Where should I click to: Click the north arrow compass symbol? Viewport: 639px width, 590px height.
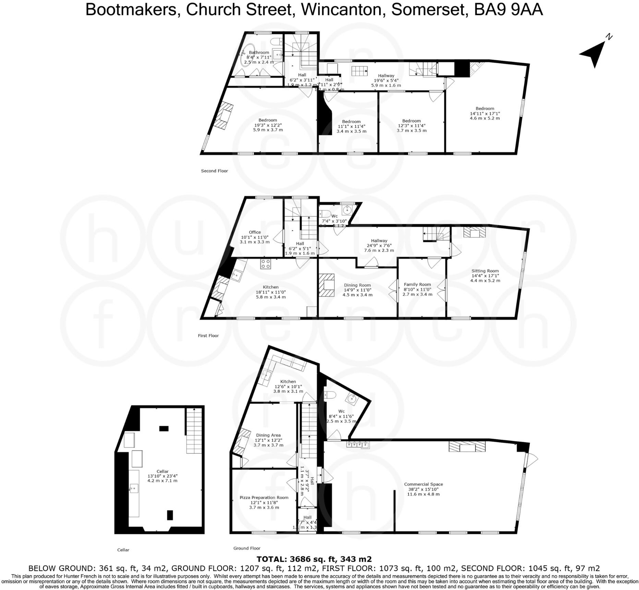(595, 53)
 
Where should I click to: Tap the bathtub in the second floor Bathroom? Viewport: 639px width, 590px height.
(248, 55)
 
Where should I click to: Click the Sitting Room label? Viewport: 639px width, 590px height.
(485, 271)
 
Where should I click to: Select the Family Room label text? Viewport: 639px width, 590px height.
(417, 284)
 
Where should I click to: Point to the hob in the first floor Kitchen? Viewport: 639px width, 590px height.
(266, 263)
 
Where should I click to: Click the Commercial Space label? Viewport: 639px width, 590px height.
(423, 484)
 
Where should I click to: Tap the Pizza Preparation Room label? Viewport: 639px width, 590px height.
(264, 497)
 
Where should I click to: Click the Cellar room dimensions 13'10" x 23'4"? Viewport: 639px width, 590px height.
(162, 476)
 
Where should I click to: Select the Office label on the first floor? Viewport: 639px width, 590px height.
(255, 232)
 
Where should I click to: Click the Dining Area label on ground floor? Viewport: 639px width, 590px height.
(268, 435)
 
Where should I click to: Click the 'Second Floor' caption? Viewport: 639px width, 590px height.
(214, 171)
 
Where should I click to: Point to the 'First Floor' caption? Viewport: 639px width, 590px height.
(208, 335)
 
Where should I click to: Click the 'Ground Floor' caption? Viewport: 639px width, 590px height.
(247, 548)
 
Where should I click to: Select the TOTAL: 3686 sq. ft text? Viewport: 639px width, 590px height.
(314, 559)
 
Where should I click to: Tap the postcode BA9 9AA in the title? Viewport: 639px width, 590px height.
(508, 10)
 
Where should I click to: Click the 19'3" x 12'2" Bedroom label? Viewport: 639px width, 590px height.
(268, 125)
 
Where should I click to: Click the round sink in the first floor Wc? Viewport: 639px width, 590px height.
(347, 209)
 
